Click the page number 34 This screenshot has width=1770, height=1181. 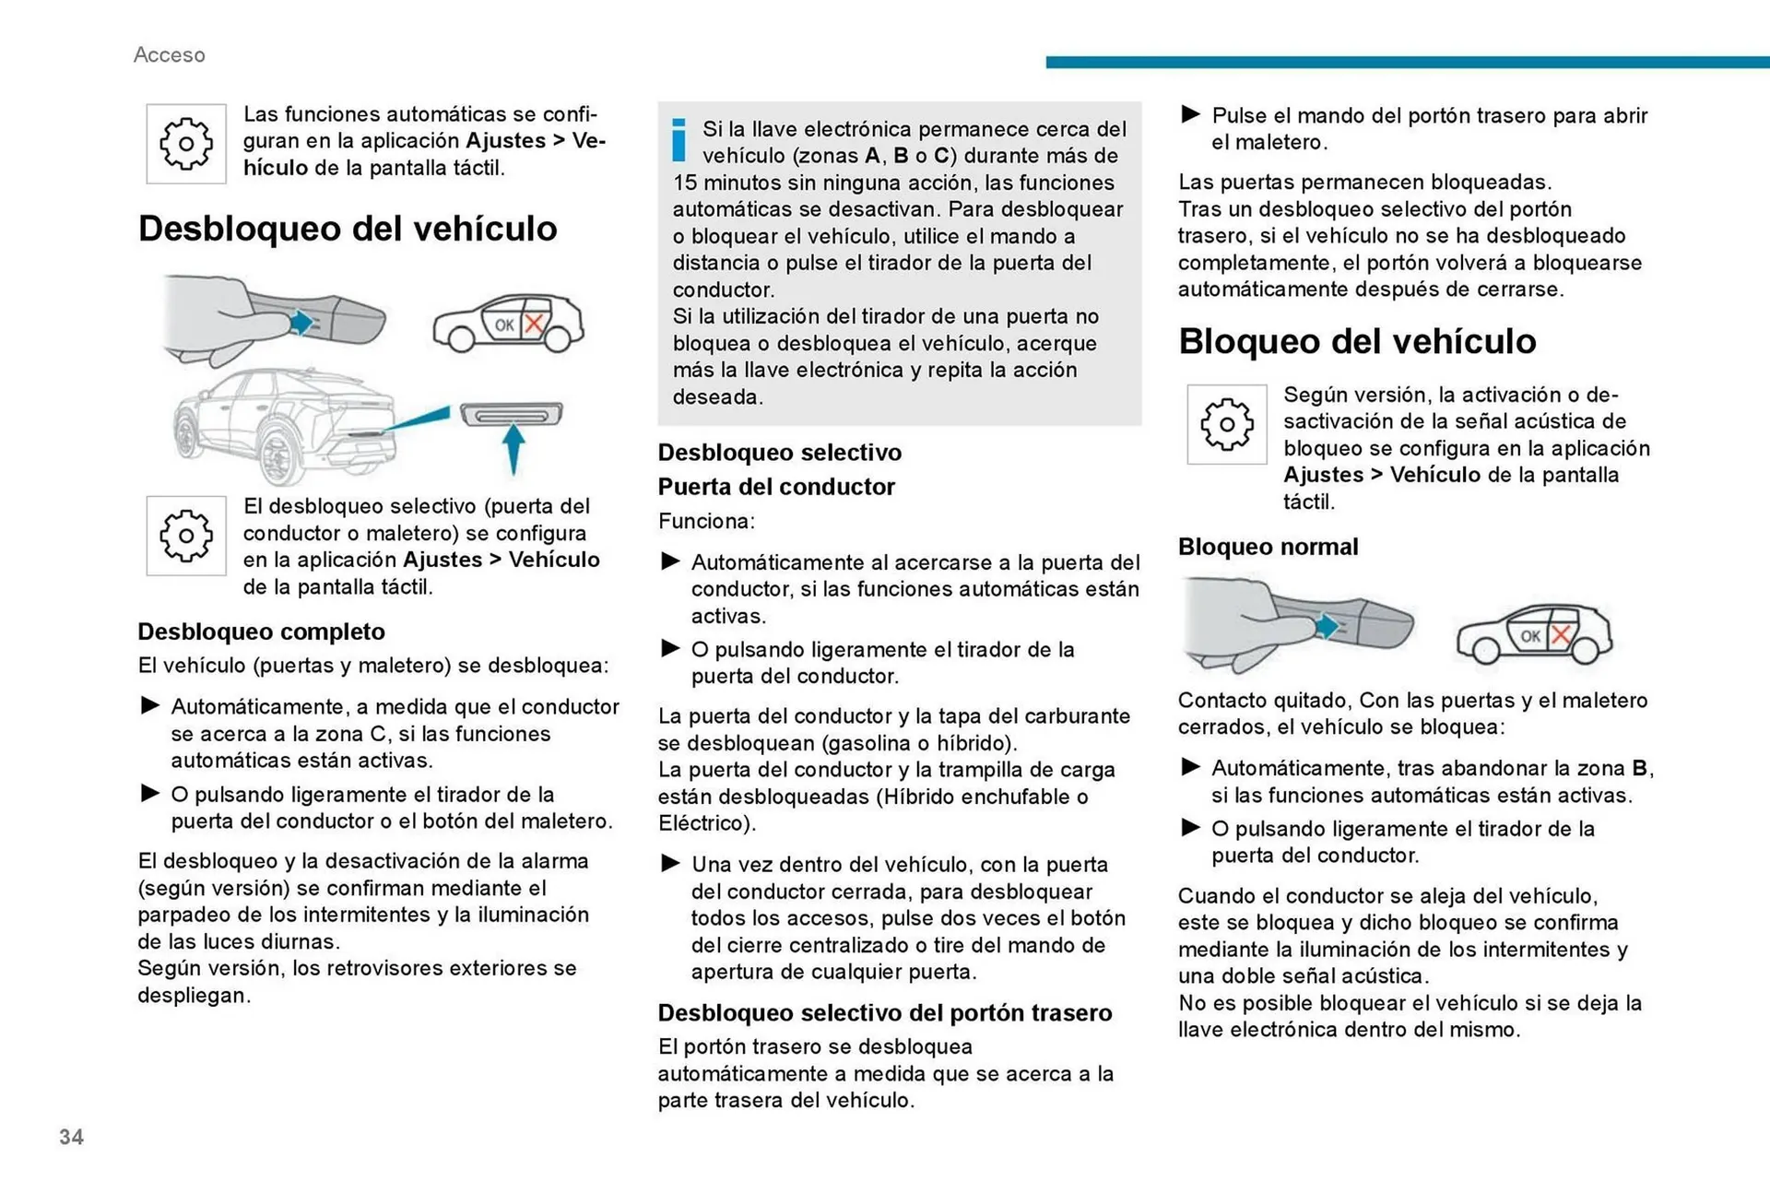point(71,1137)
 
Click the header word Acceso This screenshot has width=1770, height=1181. point(170,55)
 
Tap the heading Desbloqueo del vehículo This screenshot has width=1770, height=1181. point(348,229)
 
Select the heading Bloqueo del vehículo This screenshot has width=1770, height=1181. point(1357,341)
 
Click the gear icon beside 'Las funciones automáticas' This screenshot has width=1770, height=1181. point(186,144)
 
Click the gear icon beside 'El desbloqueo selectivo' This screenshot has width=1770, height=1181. point(186,536)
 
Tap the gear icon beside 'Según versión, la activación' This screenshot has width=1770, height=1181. point(1226,424)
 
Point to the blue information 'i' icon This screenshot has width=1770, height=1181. point(679,140)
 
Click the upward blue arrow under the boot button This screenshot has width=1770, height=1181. point(513,446)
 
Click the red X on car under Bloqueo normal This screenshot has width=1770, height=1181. point(1561,635)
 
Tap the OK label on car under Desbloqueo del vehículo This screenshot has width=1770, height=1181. point(504,325)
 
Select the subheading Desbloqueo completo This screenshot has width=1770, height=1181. point(261,632)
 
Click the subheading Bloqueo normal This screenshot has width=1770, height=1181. point(1268,547)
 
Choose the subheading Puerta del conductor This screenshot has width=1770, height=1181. point(776,487)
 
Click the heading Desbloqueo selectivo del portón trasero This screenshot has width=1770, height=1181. point(884,1013)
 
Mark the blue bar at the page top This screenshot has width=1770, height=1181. point(1407,62)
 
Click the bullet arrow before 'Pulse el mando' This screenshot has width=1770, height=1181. point(1190,114)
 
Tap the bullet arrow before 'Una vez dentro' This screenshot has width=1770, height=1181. point(670,863)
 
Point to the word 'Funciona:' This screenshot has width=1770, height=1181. point(706,522)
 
